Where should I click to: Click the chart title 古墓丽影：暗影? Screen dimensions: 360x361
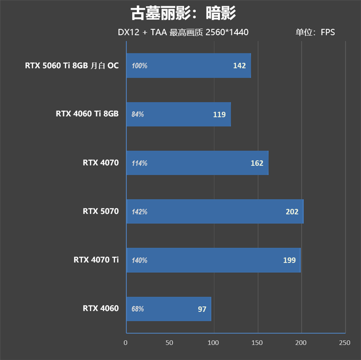coord(183,14)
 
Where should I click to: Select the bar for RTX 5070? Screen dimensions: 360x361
coord(215,211)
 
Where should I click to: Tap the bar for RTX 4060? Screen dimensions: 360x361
coord(168,309)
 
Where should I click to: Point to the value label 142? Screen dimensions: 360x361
coord(239,65)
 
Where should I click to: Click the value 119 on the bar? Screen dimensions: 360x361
coord(219,114)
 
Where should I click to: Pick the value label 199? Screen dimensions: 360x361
coord(289,260)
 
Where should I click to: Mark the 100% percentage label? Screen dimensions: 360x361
coord(139,66)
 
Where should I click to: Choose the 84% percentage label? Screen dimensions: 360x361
coord(138,115)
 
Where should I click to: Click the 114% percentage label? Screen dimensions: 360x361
coord(139,164)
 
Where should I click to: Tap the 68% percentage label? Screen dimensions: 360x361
coord(138,309)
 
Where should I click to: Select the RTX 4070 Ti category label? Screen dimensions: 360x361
coord(96,260)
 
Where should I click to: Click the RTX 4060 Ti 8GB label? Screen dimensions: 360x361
coord(87,114)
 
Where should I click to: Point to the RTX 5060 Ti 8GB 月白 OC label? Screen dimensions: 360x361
coord(72,65)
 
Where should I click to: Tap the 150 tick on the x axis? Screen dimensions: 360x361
coord(257,343)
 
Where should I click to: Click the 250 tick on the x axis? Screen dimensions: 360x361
coord(345,343)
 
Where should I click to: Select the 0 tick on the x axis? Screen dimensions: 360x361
coord(126,343)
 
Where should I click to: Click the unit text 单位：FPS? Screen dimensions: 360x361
coord(315,33)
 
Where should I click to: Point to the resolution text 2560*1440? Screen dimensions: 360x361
coord(226,33)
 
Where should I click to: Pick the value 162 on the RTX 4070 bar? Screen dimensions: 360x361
coord(257,163)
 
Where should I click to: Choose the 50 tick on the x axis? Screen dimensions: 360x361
coord(169,343)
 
